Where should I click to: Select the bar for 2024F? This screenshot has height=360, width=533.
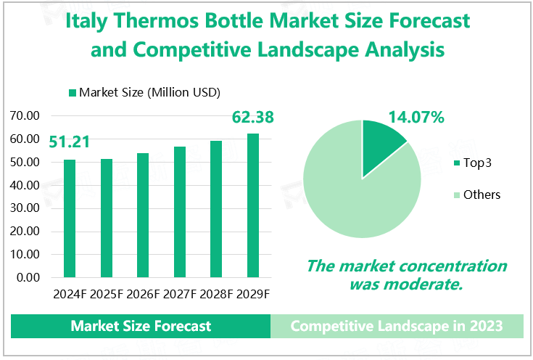coord(70,218)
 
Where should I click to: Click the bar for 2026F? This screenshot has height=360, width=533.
coord(143,216)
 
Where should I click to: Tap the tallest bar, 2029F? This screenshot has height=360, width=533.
coord(252,205)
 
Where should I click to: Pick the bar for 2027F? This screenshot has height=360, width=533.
coord(179,212)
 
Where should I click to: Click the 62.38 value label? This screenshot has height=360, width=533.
coord(252,116)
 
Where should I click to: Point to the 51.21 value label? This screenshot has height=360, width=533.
coord(70,142)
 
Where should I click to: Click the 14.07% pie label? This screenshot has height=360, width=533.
coord(416,116)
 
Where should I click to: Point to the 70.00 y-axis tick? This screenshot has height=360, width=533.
coord(25,115)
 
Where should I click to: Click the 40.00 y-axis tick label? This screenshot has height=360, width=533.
coord(25,185)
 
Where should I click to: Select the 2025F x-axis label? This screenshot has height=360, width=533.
coord(107,294)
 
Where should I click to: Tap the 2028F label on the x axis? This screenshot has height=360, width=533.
coord(216,294)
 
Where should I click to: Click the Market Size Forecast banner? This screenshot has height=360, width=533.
coord(141,326)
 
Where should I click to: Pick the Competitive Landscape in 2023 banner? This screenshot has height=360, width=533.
coord(397,326)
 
